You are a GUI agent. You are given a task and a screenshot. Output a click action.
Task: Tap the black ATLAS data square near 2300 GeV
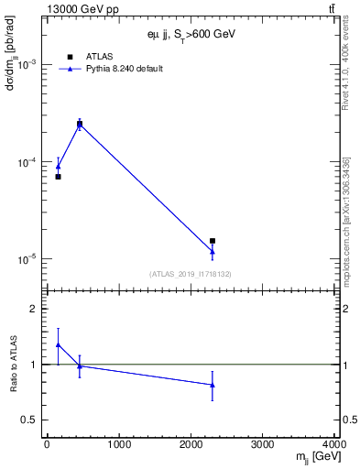point(213,241)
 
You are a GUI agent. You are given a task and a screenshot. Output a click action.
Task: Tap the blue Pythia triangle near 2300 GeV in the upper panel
point(213,251)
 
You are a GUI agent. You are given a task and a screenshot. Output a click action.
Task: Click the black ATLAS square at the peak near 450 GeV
point(80,124)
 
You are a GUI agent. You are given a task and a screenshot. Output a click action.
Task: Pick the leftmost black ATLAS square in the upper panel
point(58,177)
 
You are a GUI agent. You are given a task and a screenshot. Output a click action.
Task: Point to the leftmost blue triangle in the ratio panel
point(58,345)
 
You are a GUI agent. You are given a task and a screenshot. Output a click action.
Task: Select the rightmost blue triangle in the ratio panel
point(213,385)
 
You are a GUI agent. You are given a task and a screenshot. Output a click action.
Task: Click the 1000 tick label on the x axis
point(119,444)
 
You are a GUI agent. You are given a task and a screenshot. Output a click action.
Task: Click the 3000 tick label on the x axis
point(263,444)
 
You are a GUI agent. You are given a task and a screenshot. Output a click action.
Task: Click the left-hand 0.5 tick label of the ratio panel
point(31,420)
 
